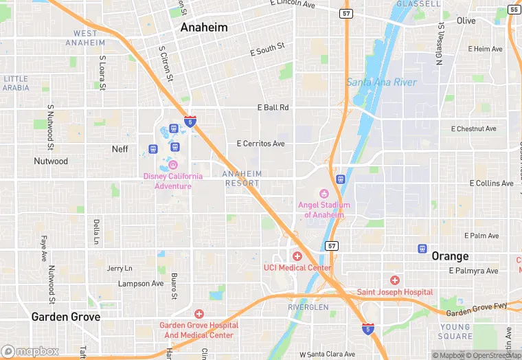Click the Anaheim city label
point(203,27)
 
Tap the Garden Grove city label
point(66,317)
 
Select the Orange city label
point(450,256)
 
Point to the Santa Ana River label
point(382,82)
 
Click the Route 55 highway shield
point(514,9)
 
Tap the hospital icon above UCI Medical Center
point(297,256)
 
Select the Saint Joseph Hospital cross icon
point(394,280)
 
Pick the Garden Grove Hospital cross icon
point(199,313)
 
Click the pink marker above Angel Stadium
point(324,193)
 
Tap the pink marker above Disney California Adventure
point(173,165)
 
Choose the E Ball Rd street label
point(273,108)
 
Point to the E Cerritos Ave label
point(260,144)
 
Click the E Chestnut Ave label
point(473,129)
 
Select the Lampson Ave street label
point(141,283)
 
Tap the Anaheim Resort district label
point(242,179)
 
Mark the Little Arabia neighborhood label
point(16,83)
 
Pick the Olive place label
point(466,21)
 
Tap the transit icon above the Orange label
point(422,248)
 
